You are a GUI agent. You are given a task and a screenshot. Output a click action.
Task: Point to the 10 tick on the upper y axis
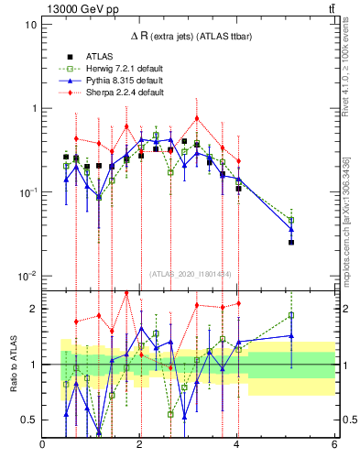click(31, 25)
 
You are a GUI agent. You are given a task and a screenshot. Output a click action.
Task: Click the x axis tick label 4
click(237, 446)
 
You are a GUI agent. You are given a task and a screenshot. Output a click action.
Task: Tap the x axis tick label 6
click(334, 446)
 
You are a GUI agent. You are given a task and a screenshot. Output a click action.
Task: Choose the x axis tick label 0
click(43, 446)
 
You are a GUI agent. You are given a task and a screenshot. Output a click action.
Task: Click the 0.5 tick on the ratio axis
click(29, 420)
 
